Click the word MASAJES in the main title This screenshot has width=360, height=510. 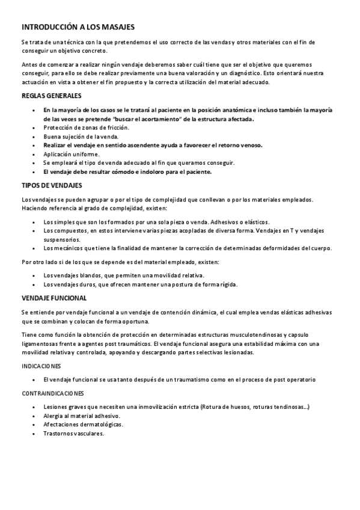[115, 27]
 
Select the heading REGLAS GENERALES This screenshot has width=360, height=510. [52, 96]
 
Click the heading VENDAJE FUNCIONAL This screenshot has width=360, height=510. [54, 298]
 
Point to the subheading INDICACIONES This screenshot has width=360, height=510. [41, 366]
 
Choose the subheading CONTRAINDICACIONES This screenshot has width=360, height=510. [52, 393]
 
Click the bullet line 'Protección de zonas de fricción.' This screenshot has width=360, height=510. [86, 127]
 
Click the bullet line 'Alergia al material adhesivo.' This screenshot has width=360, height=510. [82, 416]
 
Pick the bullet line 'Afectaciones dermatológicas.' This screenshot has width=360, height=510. [83, 424]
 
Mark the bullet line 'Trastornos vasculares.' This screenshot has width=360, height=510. [74, 433]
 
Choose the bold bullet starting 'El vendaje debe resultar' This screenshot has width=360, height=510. [127, 171]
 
